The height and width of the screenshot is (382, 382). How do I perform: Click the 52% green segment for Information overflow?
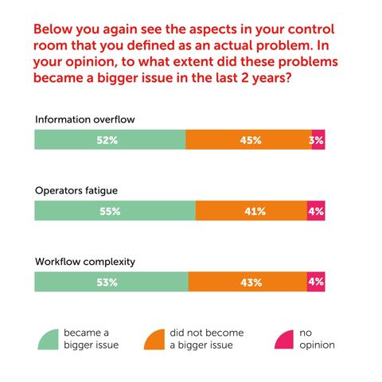pos(110,139)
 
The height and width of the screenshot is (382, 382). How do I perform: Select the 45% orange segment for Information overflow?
pos(248,139)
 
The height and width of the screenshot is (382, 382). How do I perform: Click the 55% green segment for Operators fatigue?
pos(115,211)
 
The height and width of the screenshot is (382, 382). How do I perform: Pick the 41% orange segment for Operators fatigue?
pos(251,211)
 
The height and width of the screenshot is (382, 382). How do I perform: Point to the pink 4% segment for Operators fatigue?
pos(316,211)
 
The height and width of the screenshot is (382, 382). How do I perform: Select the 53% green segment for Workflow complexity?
pos(111,282)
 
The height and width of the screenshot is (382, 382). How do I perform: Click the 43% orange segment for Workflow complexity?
pos(248,282)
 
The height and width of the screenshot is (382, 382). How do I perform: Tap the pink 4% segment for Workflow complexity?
pos(316,282)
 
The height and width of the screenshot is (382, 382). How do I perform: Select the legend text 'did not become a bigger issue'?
pos(206,339)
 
